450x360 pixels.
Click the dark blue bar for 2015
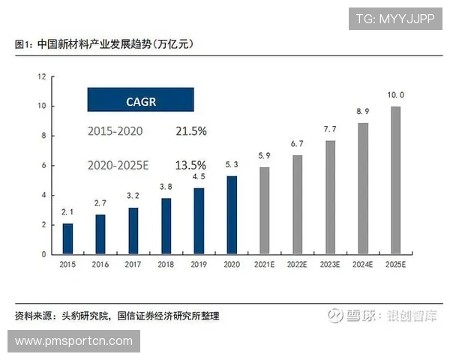click(x=67, y=238)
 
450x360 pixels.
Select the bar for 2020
click(x=232, y=215)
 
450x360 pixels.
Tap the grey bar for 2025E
click(x=395, y=180)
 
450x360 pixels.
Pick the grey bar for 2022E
click(x=297, y=205)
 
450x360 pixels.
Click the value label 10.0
click(x=395, y=95)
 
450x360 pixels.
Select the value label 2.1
click(x=67, y=213)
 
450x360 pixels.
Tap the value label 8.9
click(x=363, y=112)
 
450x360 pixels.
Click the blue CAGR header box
click(x=141, y=100)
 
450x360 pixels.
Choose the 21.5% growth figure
click(x=191, y=131)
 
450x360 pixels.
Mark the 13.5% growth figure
click(x=191, y=164)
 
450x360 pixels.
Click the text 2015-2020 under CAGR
click(x=115, y=131)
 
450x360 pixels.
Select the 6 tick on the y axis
click(x=44, y=165)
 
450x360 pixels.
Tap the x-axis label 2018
click(x=166, y=264)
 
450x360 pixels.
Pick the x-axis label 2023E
click(x=330, y=264)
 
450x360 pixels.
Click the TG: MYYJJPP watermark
click(x=394, y=19)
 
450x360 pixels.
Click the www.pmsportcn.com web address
click(x=73, y=341)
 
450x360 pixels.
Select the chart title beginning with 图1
click(x=104, y=44)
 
